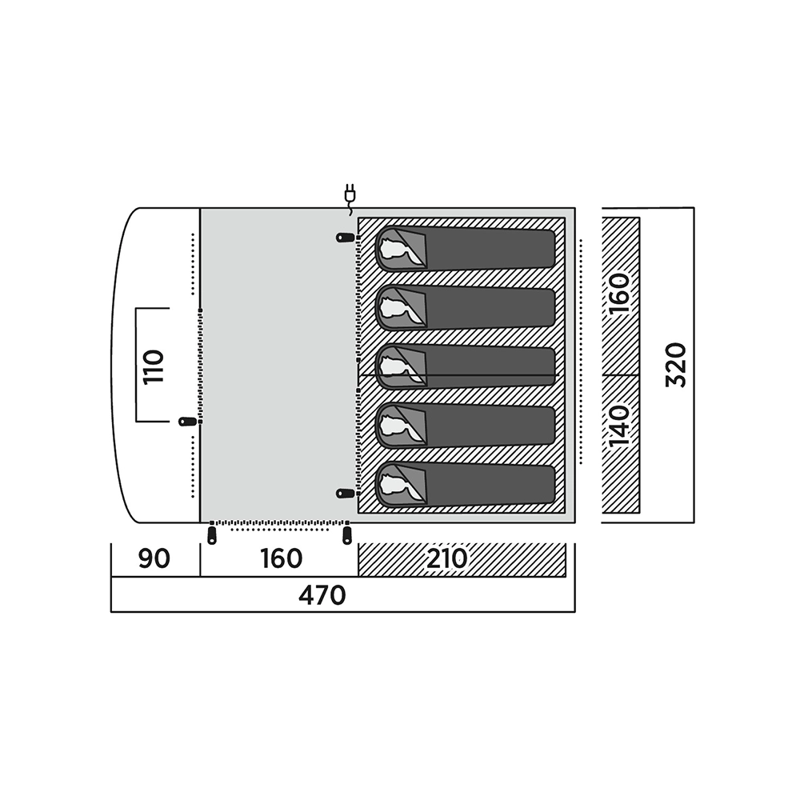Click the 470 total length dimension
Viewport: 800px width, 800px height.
322,595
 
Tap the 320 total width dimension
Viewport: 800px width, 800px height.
677,366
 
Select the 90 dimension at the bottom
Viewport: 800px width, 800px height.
154,559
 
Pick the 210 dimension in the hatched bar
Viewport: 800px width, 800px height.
447,559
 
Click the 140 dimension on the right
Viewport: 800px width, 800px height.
619,426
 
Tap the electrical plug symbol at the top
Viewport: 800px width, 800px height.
350,199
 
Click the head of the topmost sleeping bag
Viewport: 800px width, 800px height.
401,249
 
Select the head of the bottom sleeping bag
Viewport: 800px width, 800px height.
401,485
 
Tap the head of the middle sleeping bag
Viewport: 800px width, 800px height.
401,367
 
